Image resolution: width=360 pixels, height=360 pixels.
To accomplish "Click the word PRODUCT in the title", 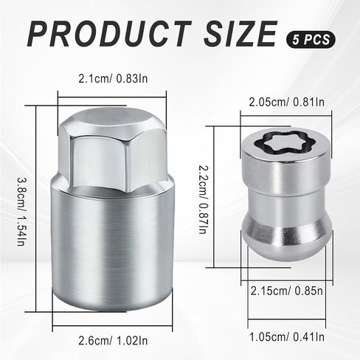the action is tap(109, 34).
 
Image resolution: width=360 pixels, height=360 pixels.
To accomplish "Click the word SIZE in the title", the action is tap(240, 34).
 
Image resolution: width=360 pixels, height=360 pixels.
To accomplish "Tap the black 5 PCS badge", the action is tap(311, 39).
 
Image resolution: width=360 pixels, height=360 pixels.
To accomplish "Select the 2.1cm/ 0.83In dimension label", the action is tap(113, 79).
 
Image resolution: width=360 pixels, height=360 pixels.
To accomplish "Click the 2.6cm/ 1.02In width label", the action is tap(113, 341).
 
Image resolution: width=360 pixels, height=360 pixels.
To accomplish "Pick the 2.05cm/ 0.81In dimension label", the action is tap(287, 102).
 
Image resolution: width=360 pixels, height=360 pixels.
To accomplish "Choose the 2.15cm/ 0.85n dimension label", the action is tap(287, 291).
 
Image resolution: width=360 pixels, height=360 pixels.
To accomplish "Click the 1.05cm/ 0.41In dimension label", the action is tap(287, 336).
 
